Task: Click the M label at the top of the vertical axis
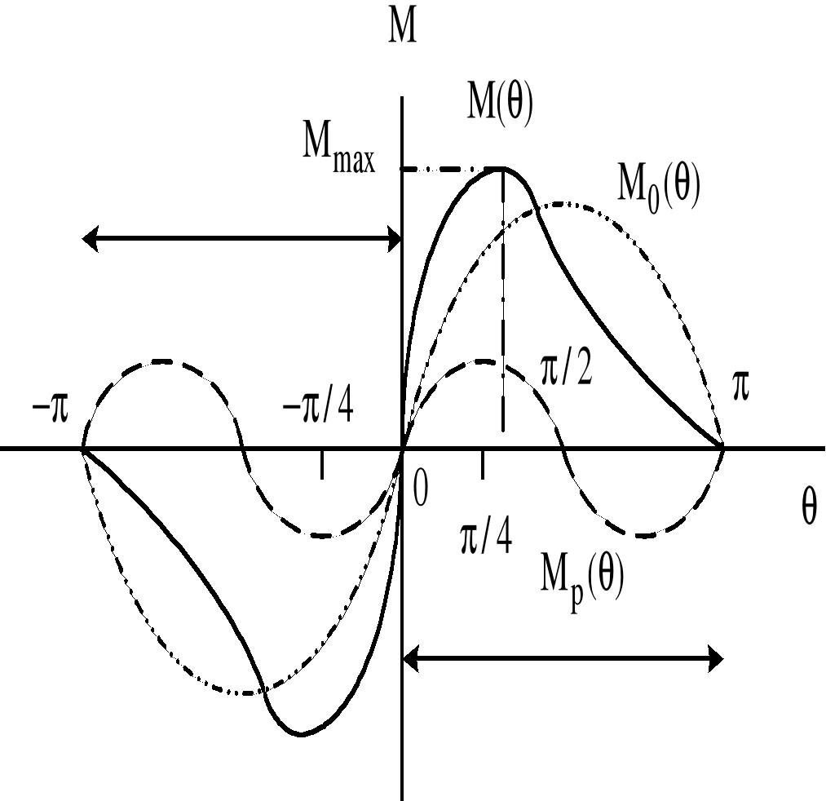pyautogui.click(x=400, y=28)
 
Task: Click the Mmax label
pyautogui.click(x=338, y=153)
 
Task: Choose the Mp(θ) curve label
pyautogui.click(x=582, y=581)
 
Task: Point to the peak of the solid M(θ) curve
pyautogui.click(x=501, y=169)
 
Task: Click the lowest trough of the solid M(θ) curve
pyautogui.click(x=300, y=734)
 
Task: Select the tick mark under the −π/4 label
pyautogui.click(x=323, y=465)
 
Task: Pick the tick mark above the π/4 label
pyautogui.click(x=484, y=465)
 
